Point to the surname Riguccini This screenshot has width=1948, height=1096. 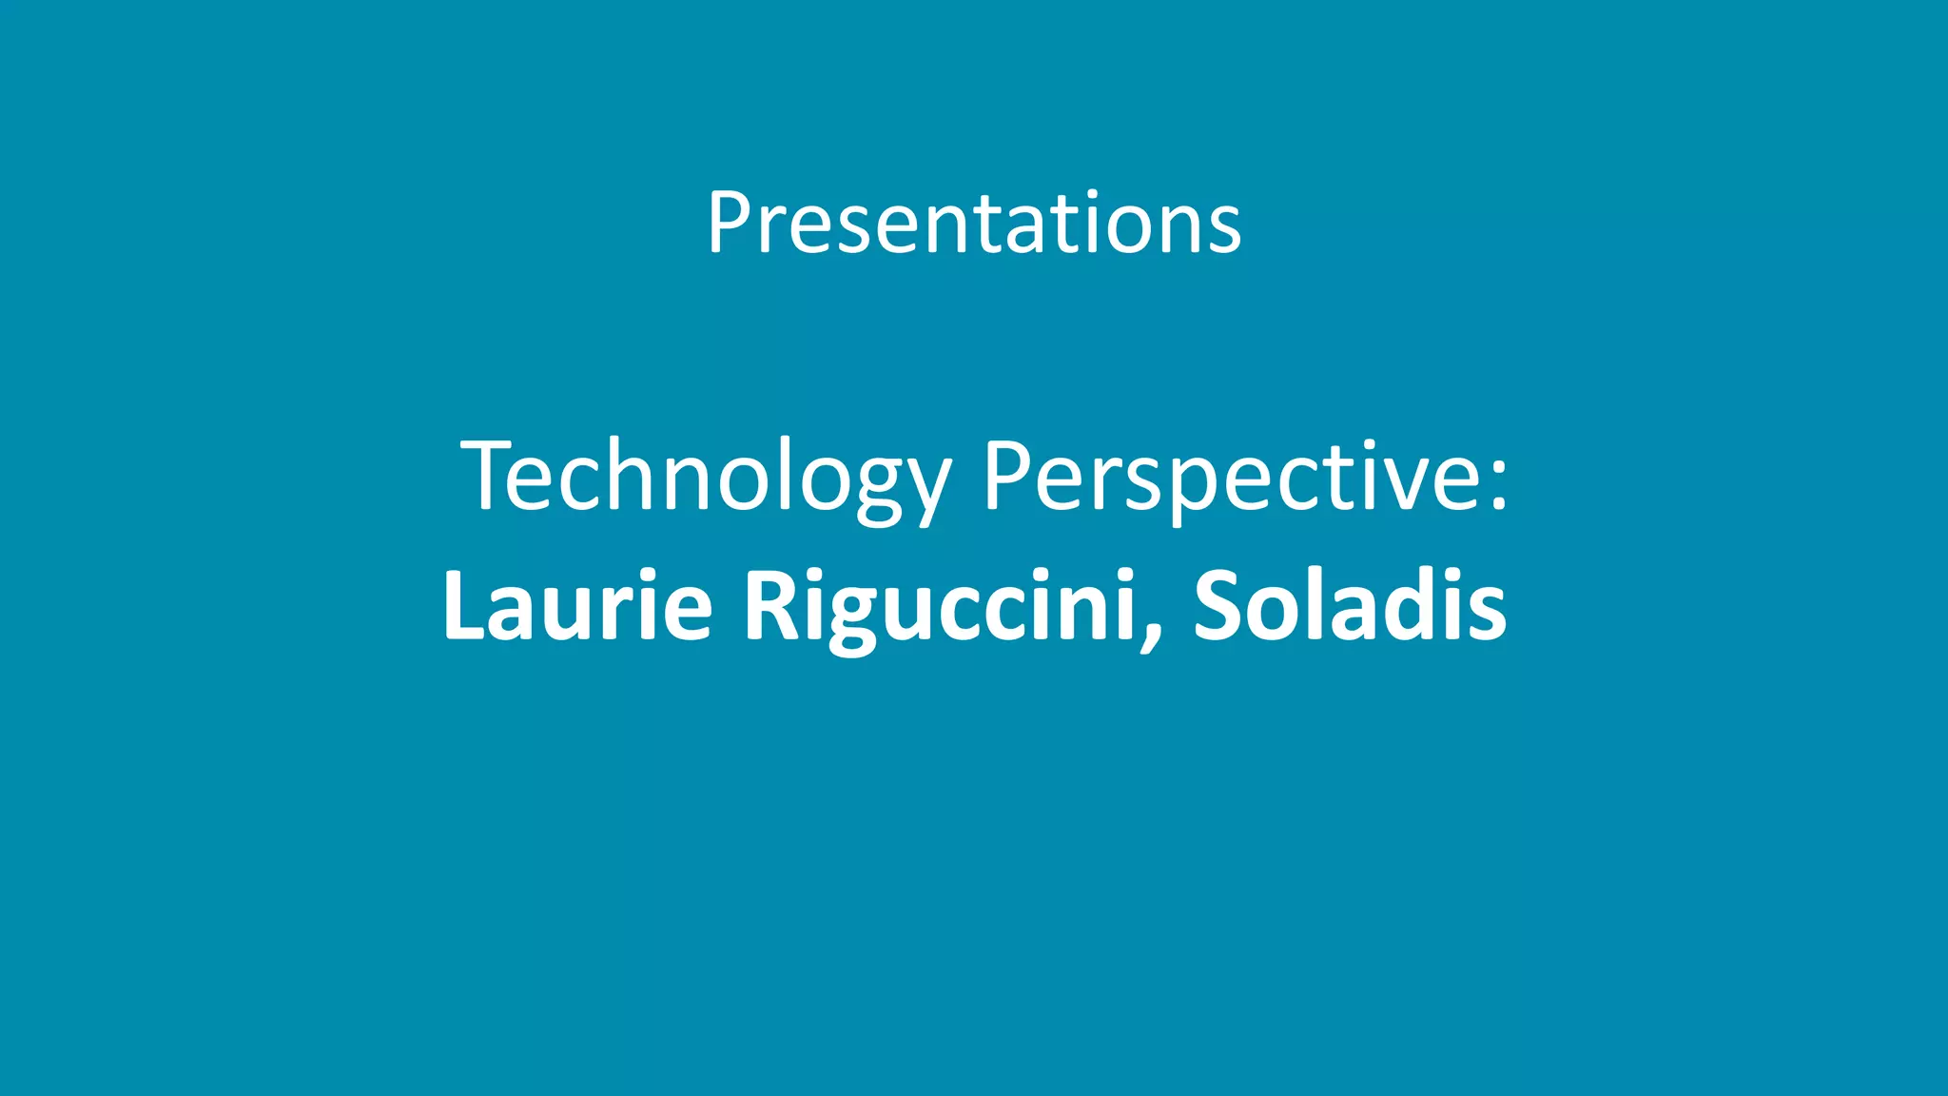940,605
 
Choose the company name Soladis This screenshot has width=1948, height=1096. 1350,605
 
